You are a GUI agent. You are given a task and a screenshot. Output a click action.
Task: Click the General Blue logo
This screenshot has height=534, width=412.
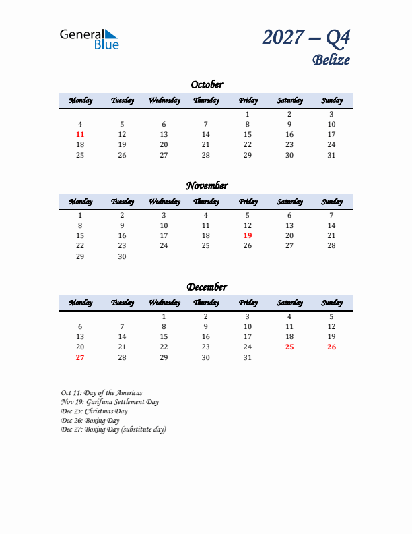coord(89,39)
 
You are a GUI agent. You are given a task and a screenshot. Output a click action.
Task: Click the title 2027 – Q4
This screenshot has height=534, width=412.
coord(306,38)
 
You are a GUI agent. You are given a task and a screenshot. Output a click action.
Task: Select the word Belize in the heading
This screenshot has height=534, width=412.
coord(331,59)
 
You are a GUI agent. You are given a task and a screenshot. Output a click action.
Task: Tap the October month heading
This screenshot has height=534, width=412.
coord(206,85)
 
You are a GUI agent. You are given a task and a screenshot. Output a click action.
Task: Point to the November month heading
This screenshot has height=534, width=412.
coord(206,186)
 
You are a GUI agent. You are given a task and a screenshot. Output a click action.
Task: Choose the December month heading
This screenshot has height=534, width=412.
coord(206,287)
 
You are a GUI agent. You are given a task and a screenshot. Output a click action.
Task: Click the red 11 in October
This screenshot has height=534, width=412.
coord(80,135)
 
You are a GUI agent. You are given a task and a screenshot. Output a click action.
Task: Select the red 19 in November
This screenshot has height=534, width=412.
coord(248,235)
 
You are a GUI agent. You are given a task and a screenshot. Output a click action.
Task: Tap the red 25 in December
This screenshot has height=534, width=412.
coord(289,347)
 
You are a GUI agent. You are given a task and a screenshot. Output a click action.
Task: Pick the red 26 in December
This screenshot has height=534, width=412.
coord(331,347)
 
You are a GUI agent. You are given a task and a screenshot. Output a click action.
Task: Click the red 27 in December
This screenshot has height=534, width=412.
coord(80,357)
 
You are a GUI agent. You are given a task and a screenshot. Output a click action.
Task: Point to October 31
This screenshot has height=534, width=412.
coord(331,155)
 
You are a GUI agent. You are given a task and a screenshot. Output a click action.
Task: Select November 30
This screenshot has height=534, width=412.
coord(122,256)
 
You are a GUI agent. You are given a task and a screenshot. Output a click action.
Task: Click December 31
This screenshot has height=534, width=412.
coord(248,357)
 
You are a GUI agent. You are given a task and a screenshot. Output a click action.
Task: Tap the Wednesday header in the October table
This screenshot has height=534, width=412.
coord(164,101)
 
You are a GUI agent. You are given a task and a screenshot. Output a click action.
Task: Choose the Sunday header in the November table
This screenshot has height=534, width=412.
coord(331,202)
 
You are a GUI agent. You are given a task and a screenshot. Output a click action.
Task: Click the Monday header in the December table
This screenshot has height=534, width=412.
coord(80,303)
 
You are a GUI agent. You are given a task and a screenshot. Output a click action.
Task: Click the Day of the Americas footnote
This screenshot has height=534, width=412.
coord(102,393)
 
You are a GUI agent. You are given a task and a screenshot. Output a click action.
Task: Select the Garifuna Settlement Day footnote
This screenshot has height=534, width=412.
coord(110,402)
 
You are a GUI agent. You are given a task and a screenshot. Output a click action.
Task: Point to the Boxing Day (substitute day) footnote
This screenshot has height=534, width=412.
coord(113,429)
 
